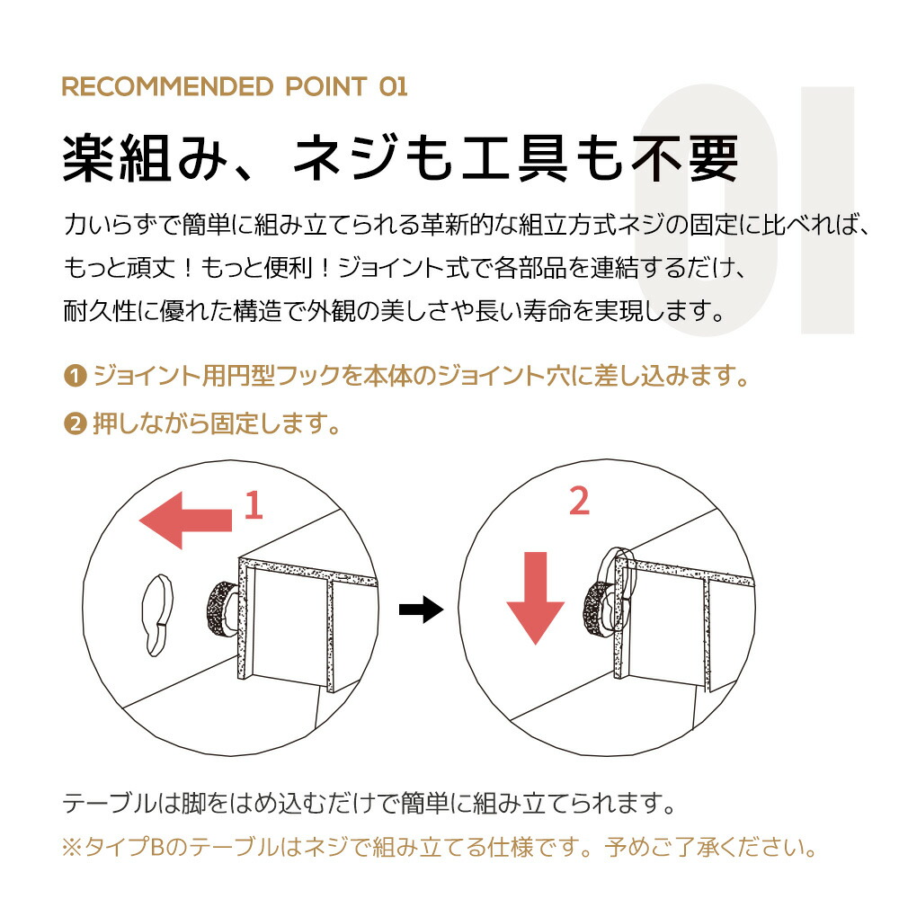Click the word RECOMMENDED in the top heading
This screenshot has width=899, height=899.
click(x=167, y=87)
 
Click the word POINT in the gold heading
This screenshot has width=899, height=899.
click(x=326, y=87)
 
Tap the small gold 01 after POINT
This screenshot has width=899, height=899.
click(x=394, y=87)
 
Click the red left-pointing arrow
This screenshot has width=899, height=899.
click(x=186, y=520)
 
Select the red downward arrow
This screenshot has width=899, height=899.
click(x=536, y=598)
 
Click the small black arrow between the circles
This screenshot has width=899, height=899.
click(x=422, y=609)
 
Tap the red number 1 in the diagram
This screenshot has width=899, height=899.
click(x=254, y=505)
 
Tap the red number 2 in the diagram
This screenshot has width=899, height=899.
click(x=579, y=501)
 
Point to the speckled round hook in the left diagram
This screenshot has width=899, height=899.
click(x=222, y=609)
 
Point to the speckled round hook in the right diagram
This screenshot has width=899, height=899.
click(x=598, y=610)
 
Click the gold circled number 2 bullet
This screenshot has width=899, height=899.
click(x=75, y=424)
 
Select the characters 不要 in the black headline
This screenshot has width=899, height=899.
click(x=684, y=159)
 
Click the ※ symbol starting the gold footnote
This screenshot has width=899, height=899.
click(x=73, y=848)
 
